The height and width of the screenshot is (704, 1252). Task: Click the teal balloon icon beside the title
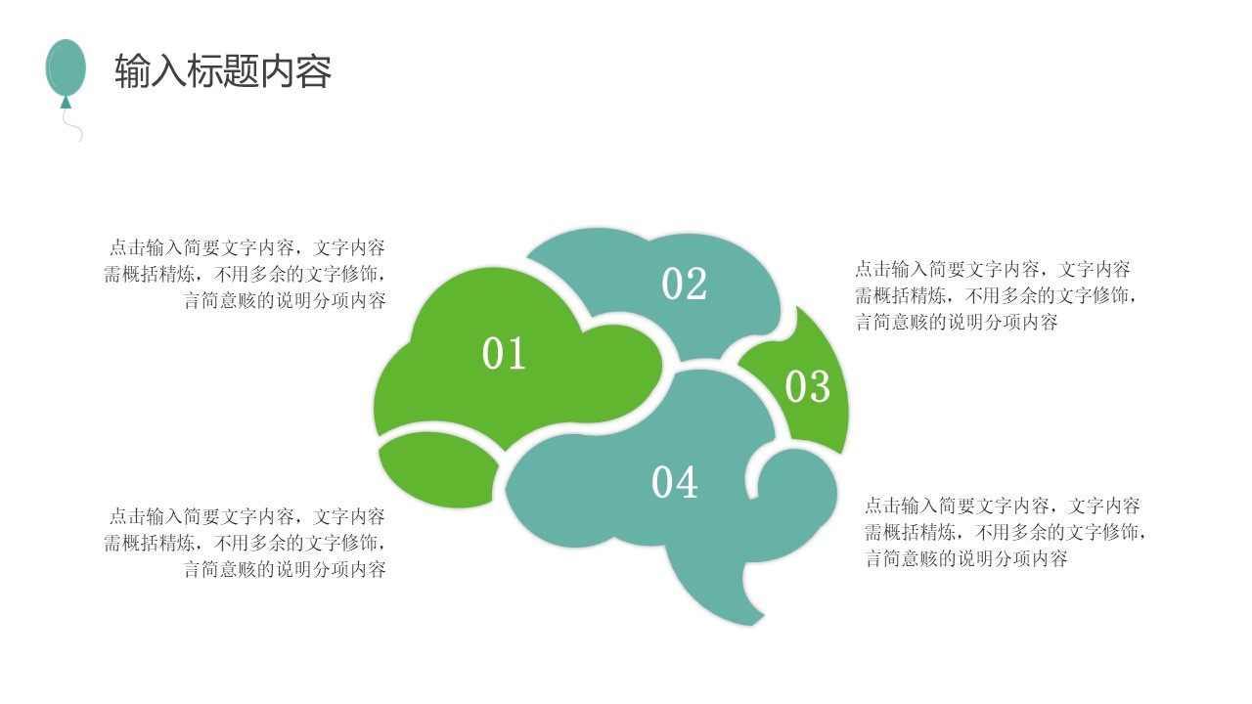[x=66, y=66]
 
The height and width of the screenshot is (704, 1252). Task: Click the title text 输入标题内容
[x=223, y=71]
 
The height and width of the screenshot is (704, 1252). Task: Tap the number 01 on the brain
[x=505, y=354]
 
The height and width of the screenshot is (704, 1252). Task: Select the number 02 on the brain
[x=684, y=285]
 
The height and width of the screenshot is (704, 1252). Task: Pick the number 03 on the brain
[x=807, y=387]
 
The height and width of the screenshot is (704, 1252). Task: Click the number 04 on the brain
[x=675, y=483]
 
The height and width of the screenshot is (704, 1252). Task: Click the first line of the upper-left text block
[x=246, y=247]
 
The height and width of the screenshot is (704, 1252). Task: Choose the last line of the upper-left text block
[x=285, y=301]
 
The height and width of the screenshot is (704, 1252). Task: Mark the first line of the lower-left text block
[x=246, y=516]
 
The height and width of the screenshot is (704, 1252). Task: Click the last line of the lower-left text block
[x=285, y=569]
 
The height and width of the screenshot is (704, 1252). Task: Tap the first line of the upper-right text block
[x=993, y=269]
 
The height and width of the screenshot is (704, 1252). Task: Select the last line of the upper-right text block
[x=957, y=323]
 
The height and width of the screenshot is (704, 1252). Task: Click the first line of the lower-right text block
[x=1003, y=506]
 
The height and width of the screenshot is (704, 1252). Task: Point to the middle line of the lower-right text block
[x=1006, y=533]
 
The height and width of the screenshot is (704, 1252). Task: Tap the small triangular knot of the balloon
[x=66, y=101]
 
